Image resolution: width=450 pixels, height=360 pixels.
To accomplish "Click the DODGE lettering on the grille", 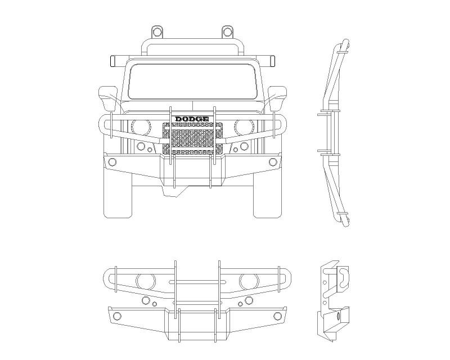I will pos(192,119).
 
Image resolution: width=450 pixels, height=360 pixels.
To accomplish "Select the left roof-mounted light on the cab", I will pos(157,30).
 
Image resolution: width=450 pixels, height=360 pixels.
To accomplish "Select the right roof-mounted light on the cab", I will pos(227,30).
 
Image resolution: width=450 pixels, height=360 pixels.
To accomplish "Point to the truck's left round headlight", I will pos(141,127).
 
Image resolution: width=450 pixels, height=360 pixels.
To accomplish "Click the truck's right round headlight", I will pos(244,127).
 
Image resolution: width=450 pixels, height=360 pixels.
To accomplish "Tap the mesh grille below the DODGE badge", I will pos(192,139).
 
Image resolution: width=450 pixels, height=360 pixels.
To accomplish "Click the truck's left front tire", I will pos(118,197).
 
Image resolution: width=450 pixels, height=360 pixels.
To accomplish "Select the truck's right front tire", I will pos(267,197).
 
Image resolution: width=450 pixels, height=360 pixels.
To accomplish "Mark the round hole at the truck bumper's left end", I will pos(112,162).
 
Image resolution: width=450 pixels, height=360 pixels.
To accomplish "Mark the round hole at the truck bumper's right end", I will pos(273,162).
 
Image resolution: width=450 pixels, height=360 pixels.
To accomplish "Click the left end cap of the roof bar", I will pos(113,58).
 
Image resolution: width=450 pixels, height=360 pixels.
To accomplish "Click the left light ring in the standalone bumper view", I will pos(146,280).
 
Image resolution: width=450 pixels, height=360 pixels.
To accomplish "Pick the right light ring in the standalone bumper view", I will pos(246,280).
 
